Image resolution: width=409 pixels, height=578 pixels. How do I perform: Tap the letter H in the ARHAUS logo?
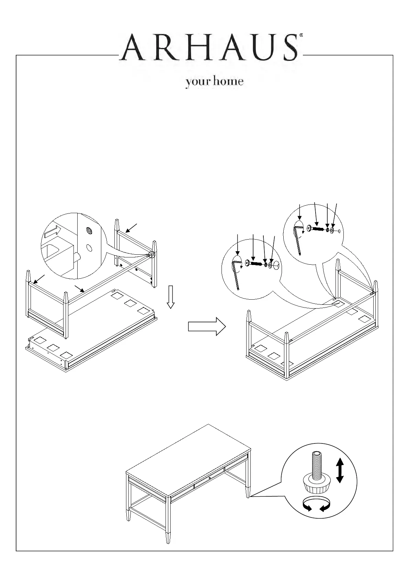(193, 47)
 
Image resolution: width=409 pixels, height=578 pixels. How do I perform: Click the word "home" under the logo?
(228, 82)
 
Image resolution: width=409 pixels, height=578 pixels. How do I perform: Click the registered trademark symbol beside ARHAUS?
(301, 35)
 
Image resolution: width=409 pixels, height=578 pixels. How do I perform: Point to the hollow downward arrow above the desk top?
(171, 297)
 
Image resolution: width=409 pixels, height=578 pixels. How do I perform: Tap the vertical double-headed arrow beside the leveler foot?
(340, 470)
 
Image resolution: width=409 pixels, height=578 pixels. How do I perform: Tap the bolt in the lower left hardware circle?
(254, 264)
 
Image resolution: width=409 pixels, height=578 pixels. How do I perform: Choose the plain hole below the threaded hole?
(89, 247)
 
